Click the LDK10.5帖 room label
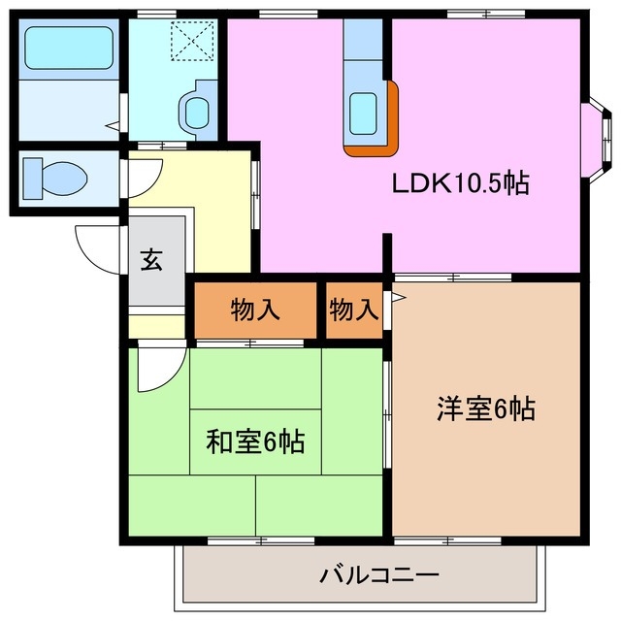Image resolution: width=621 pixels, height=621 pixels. [x=459, y=183]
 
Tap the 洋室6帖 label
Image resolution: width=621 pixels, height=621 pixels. [x=485, y=409]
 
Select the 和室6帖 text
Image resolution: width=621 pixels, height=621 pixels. [x=255, y=442]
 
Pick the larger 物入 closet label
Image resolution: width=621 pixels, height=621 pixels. [x=255, y=310]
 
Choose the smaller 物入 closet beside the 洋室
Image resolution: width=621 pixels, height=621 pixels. [x=352, y=310]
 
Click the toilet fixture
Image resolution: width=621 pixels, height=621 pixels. [x=53, y=178]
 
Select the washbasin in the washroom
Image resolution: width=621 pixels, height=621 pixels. [x=197, y=110]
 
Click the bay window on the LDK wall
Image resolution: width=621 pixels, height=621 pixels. [x=601, y=134]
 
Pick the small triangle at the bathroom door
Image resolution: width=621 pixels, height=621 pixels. [x=113, y=124]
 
